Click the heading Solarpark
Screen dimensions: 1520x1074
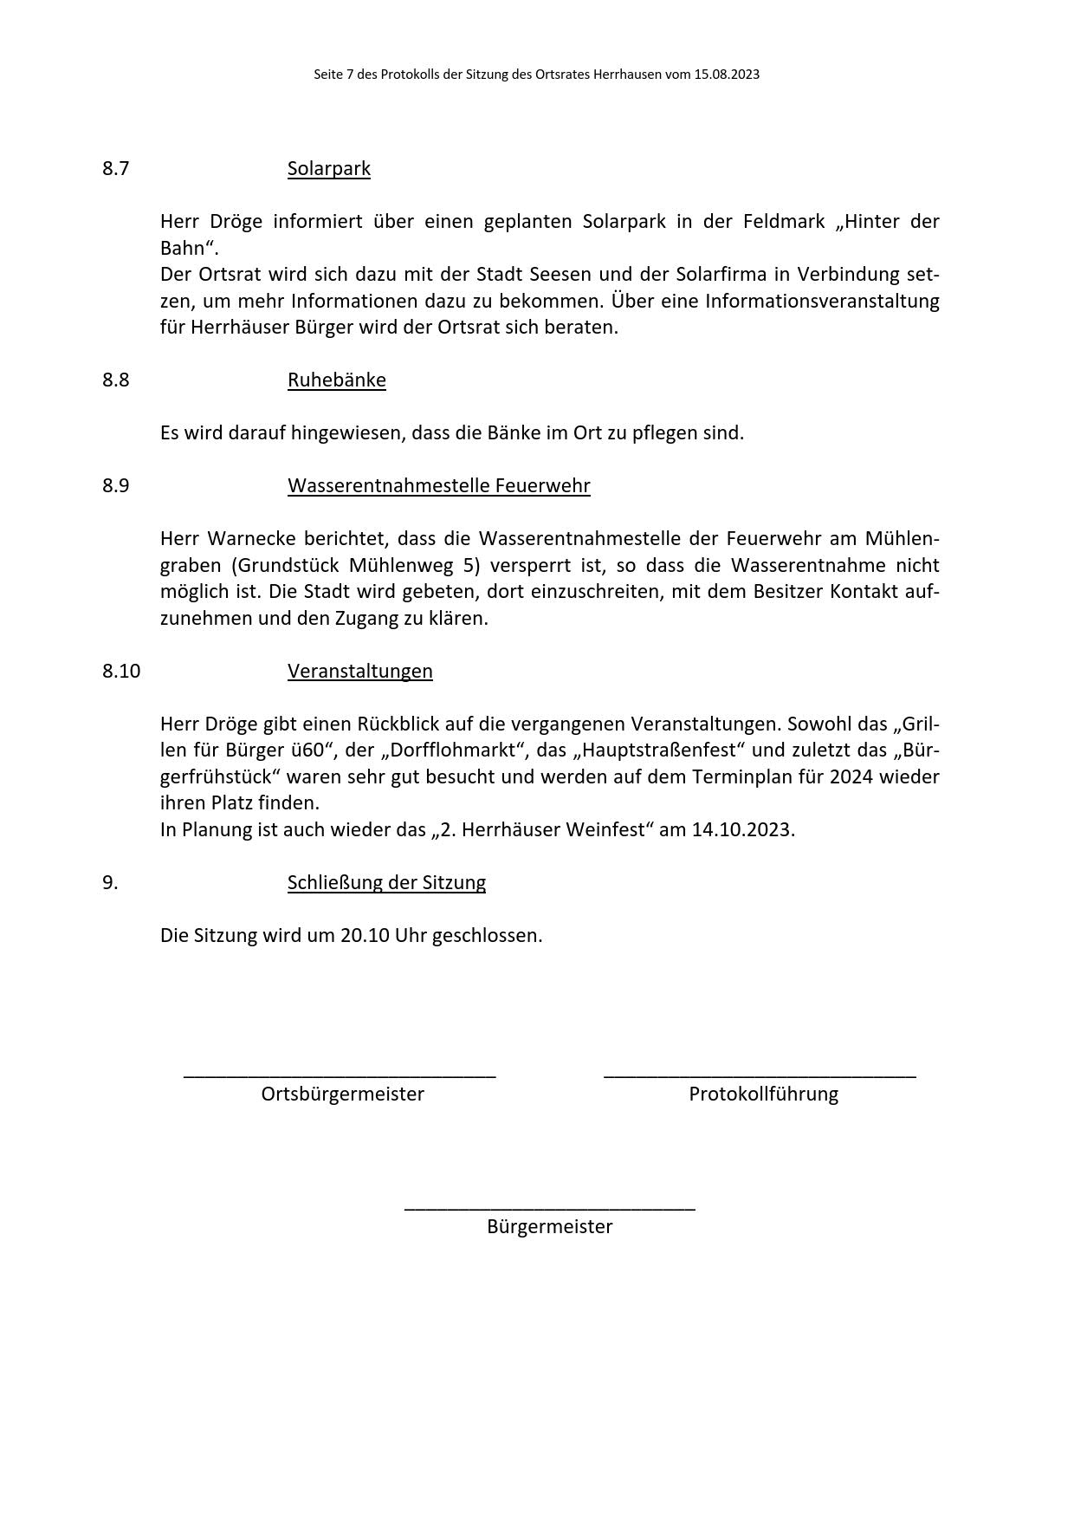click(x=328, y=168)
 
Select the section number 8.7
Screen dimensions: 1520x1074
click(x=115, y=168)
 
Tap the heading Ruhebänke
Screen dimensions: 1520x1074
click(x=336, y=380)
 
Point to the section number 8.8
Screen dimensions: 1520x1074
click(x=115, y=380)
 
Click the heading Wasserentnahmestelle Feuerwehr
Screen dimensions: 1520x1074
click(x=438, y=485)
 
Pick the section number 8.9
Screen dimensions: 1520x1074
click(x=115, y=485)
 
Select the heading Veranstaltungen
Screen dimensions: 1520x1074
click(x=359, y=671)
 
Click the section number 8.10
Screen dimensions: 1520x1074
click(x=120, y=671)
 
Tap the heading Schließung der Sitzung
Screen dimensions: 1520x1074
click(x=386, y=882)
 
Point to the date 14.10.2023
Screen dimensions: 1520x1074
click(x=742, y=829)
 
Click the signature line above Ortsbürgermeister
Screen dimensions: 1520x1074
click(x=340, y=1075)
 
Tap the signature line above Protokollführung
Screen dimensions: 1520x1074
click(x=760, y=1075)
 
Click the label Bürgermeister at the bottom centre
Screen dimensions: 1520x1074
click(x=549, y=1226)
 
